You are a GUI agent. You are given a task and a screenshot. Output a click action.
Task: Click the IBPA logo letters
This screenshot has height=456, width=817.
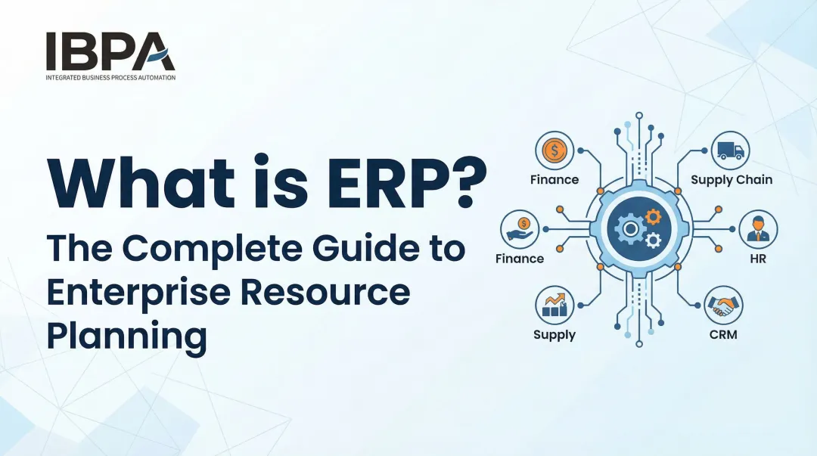(x=110, y=51)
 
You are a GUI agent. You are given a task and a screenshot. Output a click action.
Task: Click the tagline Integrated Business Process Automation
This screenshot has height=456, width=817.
(x=110, y=77)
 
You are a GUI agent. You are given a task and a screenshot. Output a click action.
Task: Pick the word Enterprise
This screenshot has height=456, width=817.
(x=144, y=292)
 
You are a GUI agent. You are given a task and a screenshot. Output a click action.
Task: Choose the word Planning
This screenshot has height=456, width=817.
(x=126, y=334)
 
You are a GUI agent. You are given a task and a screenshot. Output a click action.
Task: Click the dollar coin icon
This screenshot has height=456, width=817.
(x=555, y=150)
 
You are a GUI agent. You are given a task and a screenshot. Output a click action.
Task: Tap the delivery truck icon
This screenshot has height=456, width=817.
(x=731, y=150)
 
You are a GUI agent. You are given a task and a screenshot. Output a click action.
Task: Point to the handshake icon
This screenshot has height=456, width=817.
(x=723, y=306)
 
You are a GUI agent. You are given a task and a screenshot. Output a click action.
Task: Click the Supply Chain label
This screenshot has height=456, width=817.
(x=731, y=180)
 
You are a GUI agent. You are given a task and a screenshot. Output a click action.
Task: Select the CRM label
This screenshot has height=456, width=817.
(x=723, y=334)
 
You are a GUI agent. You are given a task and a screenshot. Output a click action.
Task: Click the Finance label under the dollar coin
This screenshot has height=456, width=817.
(x=555, y=180)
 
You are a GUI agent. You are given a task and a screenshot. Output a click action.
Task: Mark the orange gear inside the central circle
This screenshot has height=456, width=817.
(x=652, y=218)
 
